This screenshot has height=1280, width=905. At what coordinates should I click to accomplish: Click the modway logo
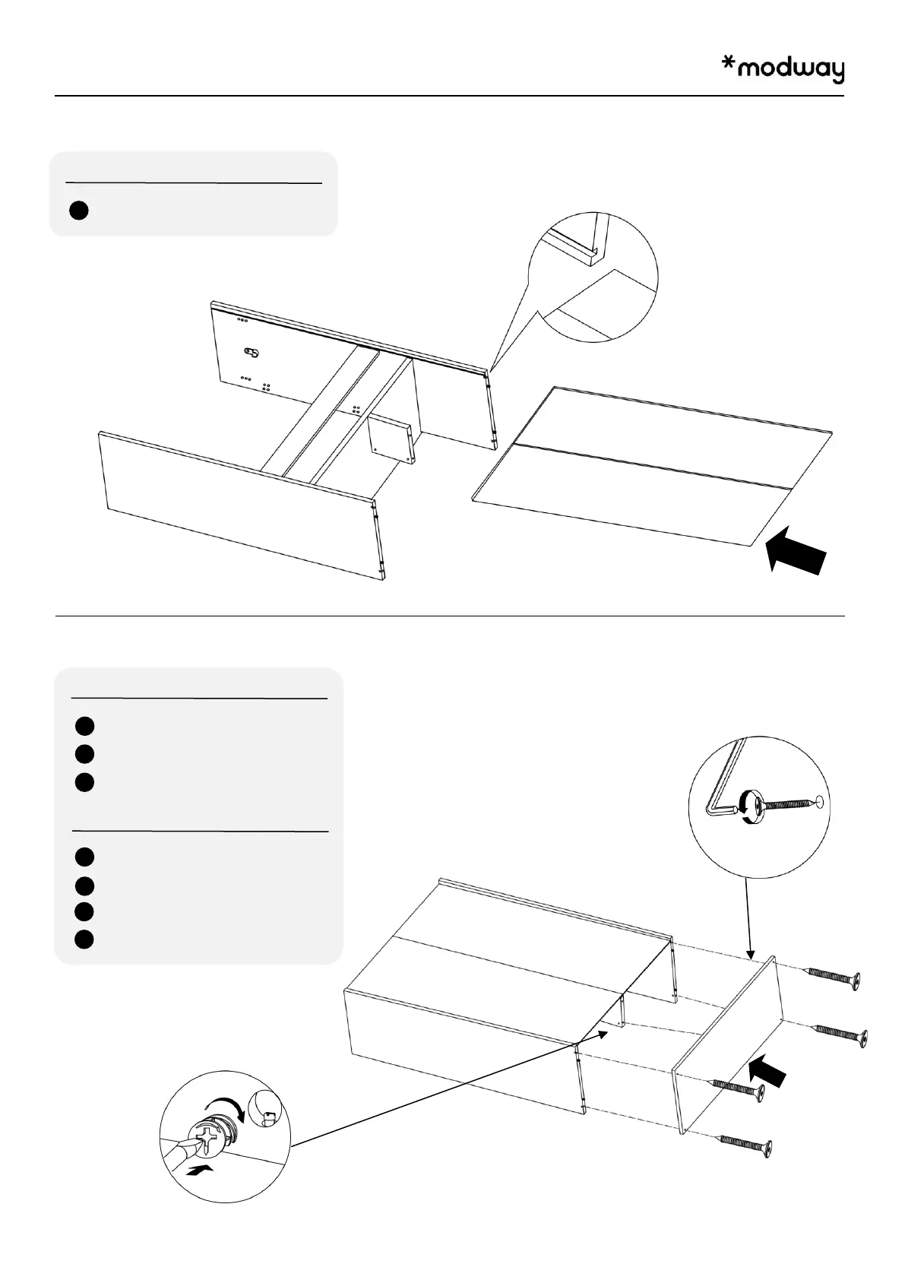783,69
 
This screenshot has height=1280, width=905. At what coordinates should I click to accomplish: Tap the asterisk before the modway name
727,65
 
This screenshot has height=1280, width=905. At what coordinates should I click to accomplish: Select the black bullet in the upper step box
79,211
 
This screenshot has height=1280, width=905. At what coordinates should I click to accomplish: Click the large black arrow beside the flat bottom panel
796,553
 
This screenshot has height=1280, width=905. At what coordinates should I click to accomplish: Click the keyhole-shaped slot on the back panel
252,351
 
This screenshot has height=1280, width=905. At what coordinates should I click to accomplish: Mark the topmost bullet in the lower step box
84,726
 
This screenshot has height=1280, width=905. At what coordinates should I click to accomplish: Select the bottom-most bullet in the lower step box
84,939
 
